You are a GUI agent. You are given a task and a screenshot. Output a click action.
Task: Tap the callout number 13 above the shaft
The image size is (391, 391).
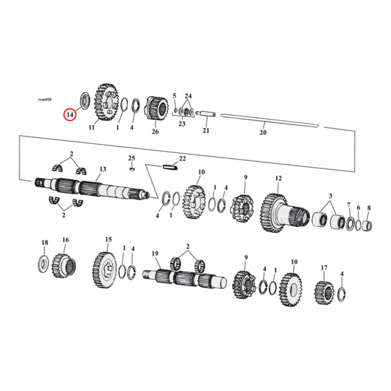click(x=103, y=169)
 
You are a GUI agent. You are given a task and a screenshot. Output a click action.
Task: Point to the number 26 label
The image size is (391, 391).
click(x=155, y=131)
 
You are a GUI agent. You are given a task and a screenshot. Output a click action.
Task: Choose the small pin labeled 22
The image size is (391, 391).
click(x=170, y=167)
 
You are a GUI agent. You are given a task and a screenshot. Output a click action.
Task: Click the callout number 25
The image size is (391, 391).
click(x=131, y=157)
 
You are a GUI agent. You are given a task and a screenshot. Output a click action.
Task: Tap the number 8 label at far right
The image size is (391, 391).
click(x=369, y=207)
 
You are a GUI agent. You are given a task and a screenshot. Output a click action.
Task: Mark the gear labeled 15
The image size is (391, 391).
click(x=103, y=270)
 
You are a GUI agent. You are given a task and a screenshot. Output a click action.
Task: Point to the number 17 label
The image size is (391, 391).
click(x=324, y=268)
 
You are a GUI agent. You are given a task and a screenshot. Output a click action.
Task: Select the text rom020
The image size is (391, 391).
click(x=44, y=99)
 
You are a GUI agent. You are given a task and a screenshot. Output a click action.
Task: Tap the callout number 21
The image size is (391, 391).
click(x=206, y=130)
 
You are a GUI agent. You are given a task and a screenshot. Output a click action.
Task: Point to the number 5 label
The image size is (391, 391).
click(x=174, y=95)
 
